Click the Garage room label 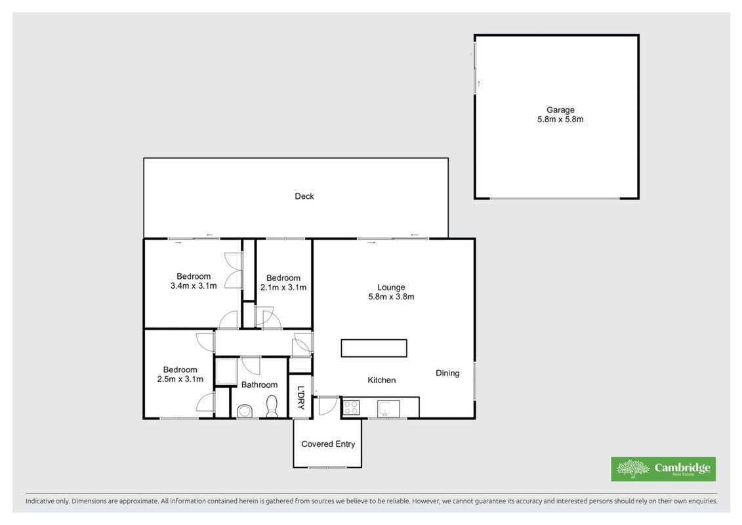pos(560,110)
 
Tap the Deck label pos(304,196)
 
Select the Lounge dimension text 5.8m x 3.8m pos(392,297)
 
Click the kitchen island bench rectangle pos(374,348)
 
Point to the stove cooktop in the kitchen pos(350,407)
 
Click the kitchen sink pos(388,408)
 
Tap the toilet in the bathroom pos(272,407)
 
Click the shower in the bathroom pos(226,371)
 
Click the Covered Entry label pos(328,444)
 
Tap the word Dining pos(447,373)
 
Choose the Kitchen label pos(382,380)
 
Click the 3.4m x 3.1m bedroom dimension pos(194,286)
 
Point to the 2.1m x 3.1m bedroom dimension pos(283,287)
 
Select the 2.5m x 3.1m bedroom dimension pos(180,379)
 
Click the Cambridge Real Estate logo pos(663,469)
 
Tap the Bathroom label pos(259,385)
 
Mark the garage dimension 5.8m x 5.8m pos(560,119)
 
